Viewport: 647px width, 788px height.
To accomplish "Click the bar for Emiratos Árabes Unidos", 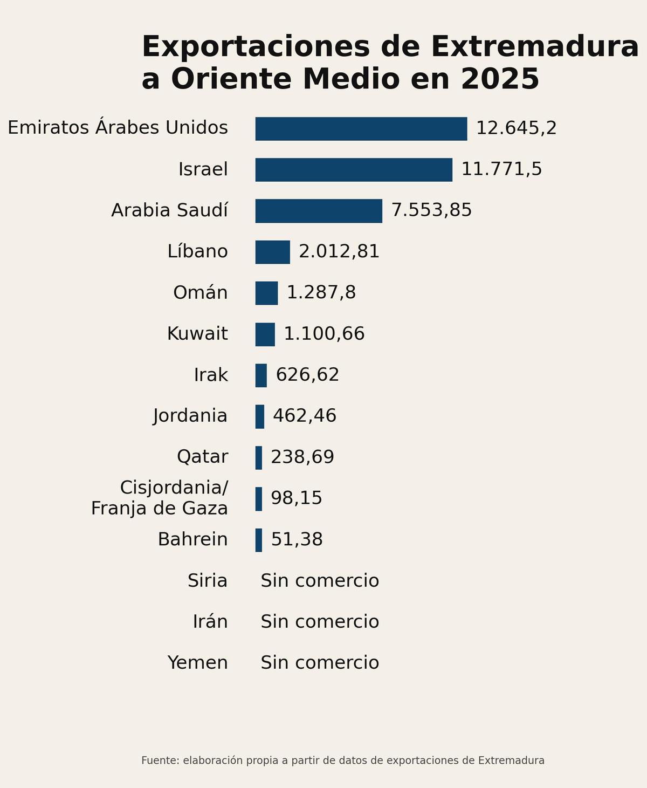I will coord(361,129).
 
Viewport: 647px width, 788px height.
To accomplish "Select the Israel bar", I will coord(354,170).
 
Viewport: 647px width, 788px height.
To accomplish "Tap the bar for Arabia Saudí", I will coord(319,211).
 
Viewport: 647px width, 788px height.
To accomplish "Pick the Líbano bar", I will coord(272,252).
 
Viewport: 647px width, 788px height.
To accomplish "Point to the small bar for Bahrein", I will coord(259,540).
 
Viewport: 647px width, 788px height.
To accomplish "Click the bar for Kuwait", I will coord(265,334).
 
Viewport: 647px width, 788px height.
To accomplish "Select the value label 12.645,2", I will coord(516,128).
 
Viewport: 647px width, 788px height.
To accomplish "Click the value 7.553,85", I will coord(431,210).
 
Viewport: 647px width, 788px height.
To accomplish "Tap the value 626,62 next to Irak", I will coord(307,375).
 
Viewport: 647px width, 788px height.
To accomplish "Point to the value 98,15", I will coord(296,498).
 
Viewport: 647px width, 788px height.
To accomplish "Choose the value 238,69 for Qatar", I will coord(302,457).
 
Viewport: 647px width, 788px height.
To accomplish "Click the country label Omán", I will coord(200,293).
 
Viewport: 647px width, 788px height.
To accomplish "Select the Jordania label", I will coord(190,416).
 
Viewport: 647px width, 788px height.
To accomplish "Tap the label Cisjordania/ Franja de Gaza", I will coord(160,498).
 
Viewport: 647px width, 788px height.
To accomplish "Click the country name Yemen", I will coord(197,663).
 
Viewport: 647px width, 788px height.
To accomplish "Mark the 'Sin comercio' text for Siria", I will coord(320,581).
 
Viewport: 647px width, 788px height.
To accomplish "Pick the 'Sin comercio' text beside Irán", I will coord(320,622).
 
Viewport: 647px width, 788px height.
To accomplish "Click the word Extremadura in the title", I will coord(534,46).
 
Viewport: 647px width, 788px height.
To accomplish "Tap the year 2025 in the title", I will coord(500,79).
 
